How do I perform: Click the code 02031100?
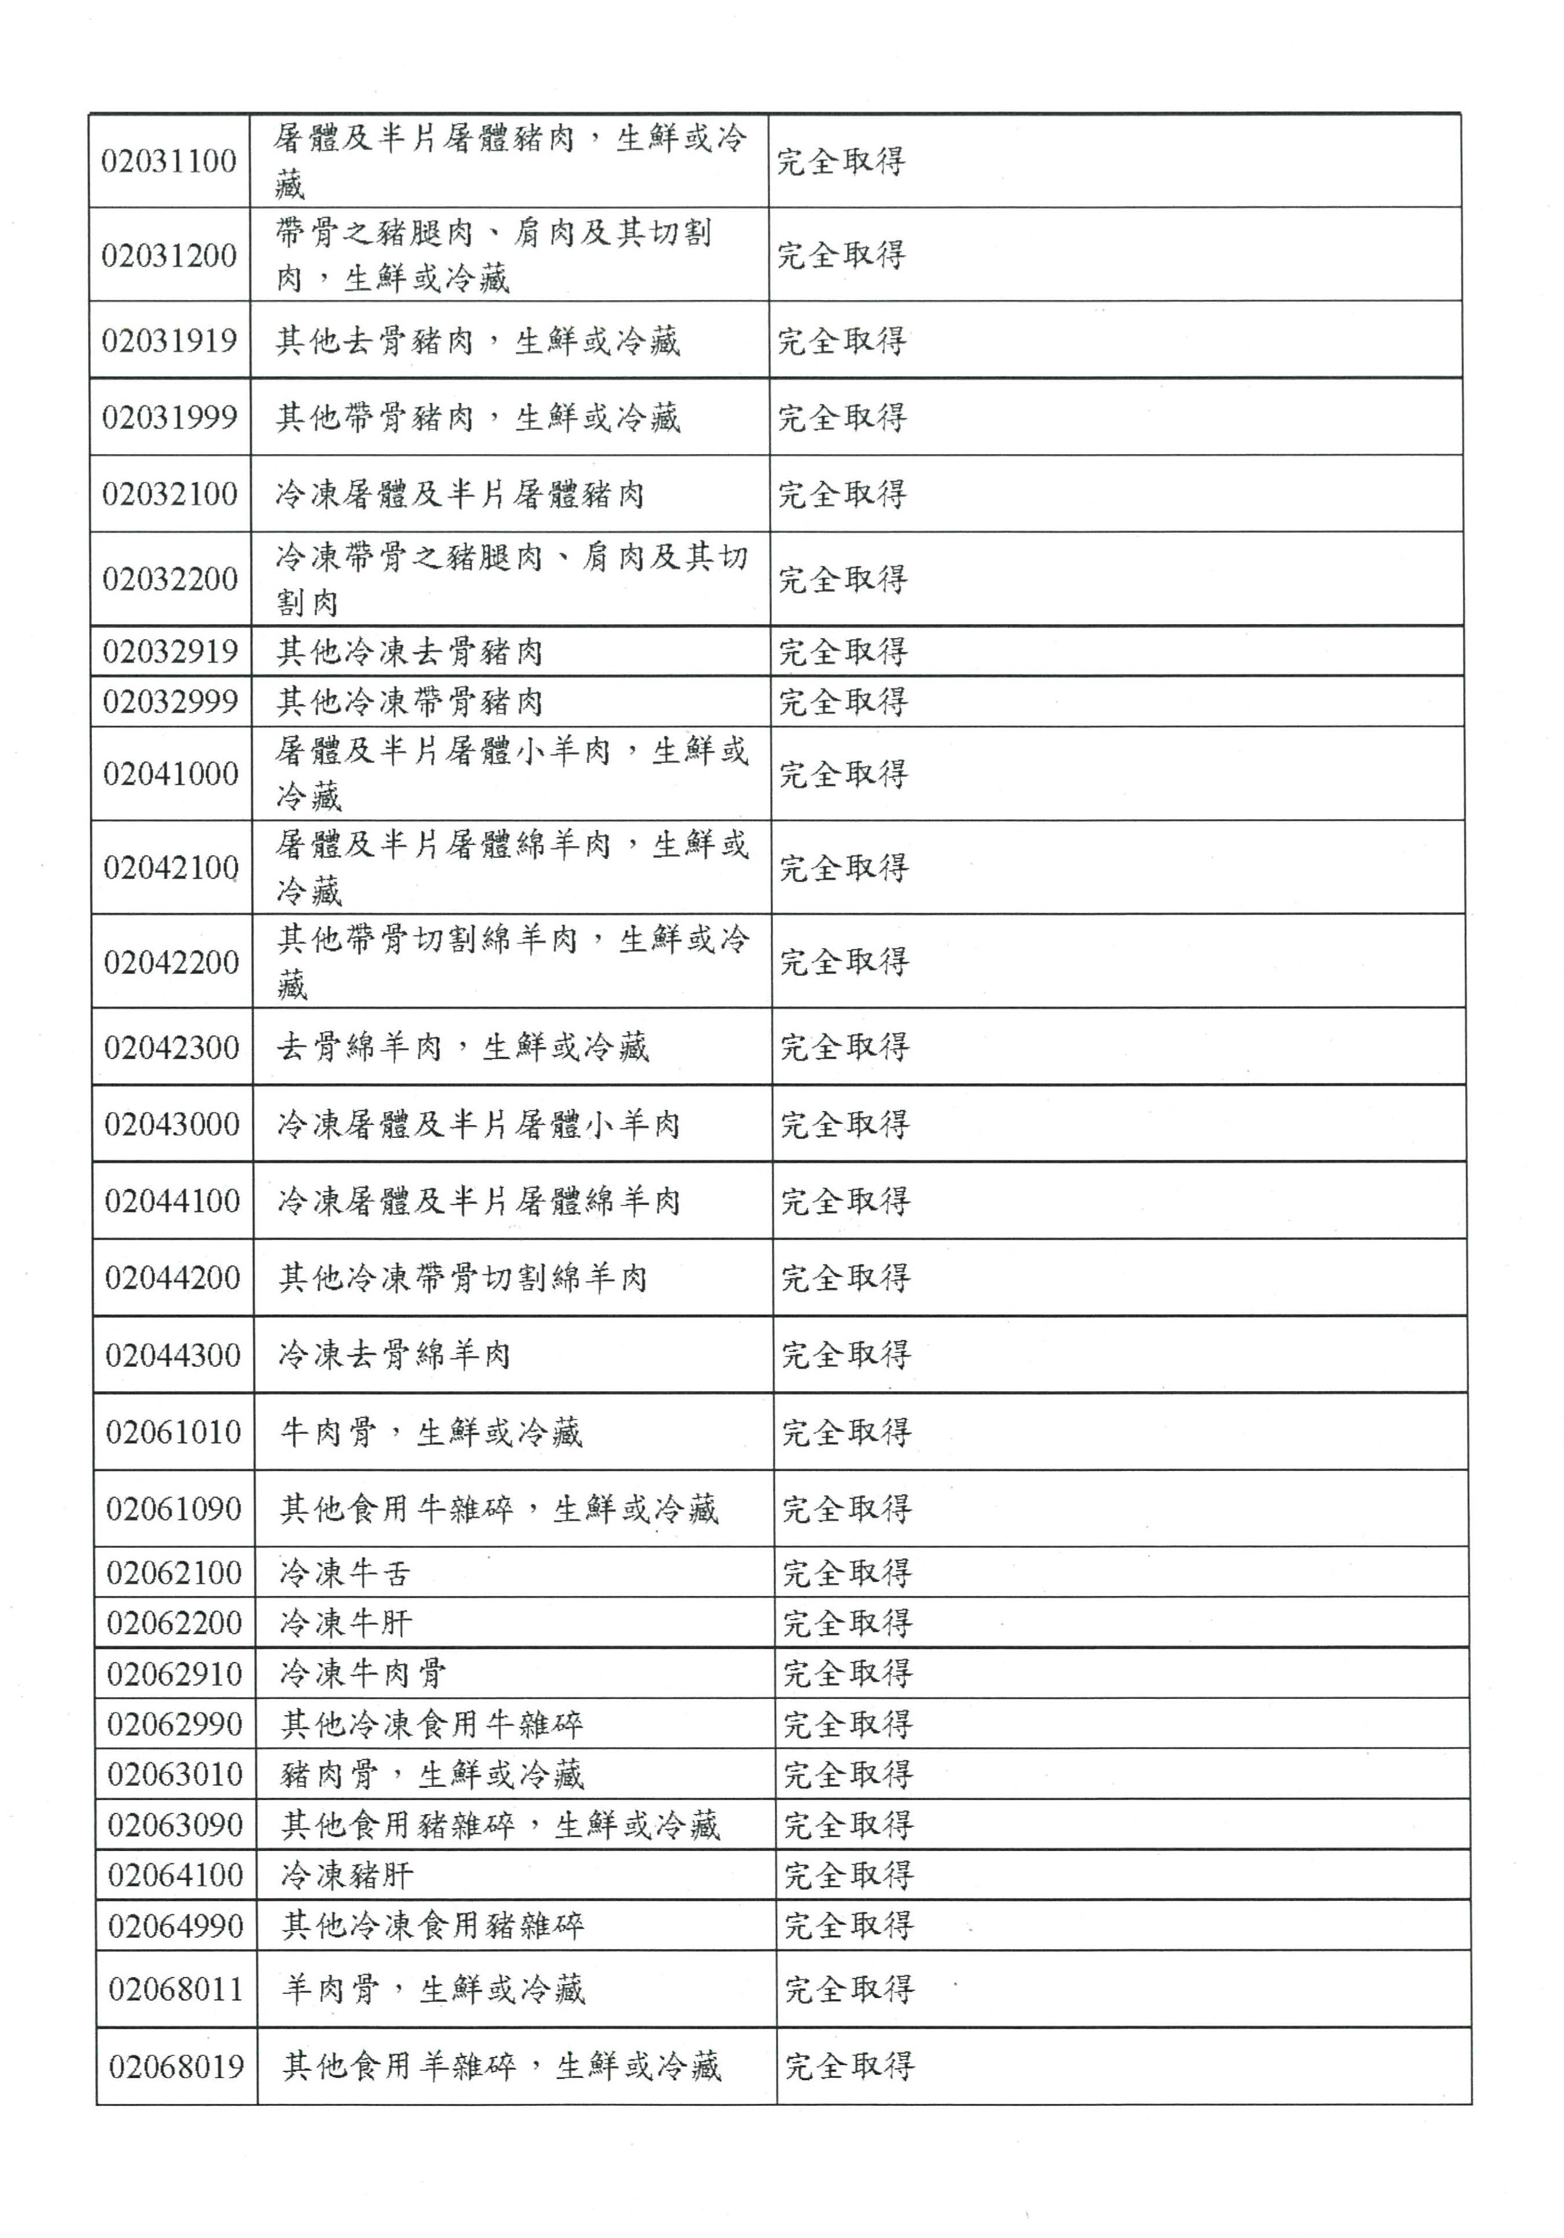[x=169, y=161]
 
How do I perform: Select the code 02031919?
[x=170, y=340]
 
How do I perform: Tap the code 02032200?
[x=171, y=579]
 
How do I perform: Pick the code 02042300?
[x=172, y=1048]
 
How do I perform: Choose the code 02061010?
[x=174, y=1432]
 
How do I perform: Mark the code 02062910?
[x=175, y=1673]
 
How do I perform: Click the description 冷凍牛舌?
[x=345, y=1572]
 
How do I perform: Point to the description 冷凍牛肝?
[x=346, y=1623]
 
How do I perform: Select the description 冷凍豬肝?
[x=347, y=1874]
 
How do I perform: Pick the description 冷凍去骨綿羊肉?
[x=394, y=1355]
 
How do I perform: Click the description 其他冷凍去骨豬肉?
[x=410, y=651]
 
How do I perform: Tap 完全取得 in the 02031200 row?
[x=841, y=255]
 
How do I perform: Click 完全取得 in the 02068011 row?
[x=849, y=1989]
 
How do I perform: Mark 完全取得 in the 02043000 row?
[x=844, y=1124]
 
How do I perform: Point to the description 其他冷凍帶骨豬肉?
[x=410, y=702]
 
